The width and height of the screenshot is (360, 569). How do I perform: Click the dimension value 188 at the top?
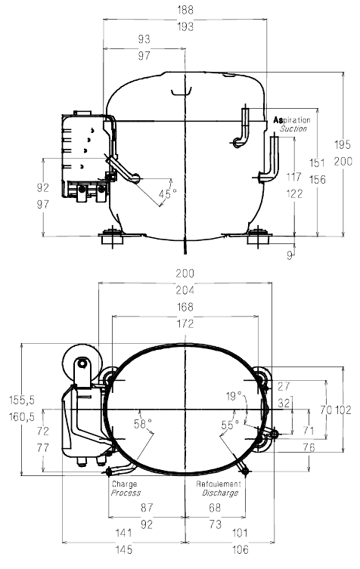[x=185, y=10]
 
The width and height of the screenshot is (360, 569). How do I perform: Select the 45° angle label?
[x=167, y=193]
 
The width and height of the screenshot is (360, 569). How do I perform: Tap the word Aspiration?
[x=292, y=119]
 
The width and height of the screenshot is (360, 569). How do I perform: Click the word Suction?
[x=293, y=128]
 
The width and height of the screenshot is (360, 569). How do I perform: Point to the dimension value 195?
[x=343, y=144]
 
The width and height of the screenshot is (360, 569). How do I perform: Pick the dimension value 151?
[x=317, y=162]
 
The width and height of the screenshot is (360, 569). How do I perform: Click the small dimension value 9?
[x=290, y=255]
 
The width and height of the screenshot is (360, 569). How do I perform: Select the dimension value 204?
[x=185, y=290]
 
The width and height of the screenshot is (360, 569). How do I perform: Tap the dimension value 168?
[x=185, y=307]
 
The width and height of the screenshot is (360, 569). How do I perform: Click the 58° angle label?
[x=142, y=423]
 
